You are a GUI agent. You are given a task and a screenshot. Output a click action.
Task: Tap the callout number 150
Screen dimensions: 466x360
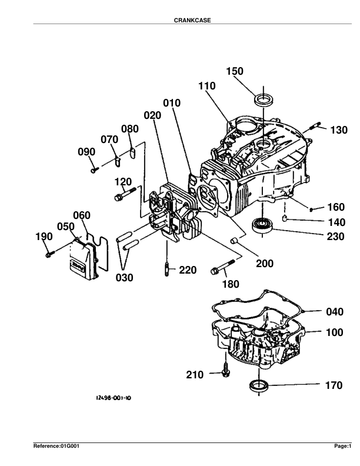pyautogui.click(x=235, y=71)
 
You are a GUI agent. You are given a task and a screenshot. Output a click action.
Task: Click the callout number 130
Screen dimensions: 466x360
pyautogui.click(x=339, y=130)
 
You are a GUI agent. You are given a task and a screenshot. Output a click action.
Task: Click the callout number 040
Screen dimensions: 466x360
pyautogui.click(x=335, y=312)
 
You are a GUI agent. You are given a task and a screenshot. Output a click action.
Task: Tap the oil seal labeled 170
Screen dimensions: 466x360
pyautogui.click(x=258, y=386)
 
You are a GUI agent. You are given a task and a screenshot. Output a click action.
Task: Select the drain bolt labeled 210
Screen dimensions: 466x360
pyautogui.click(x=225, y=374)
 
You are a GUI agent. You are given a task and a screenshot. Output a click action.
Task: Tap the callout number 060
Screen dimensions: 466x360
pyautogui.click(x=82, y=215)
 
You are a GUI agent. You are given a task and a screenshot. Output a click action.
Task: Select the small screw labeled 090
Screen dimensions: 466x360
pyautogui.click(x=94, y=169)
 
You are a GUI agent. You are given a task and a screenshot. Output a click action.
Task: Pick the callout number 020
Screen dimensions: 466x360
pyautogui.click(x=152, y=115)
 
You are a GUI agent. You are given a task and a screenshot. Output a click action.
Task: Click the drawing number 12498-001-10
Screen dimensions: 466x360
pyautogui.click(x=113, y=398)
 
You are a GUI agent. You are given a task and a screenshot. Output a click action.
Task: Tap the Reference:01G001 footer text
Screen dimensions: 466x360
pyautogui.click(x=56, y=447)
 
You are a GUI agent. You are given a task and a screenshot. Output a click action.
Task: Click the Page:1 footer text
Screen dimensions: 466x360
pyautogui.click(x=342, y=447)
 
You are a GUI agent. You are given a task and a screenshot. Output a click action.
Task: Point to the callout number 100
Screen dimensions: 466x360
pyautogui.click(x=335, y=332)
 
